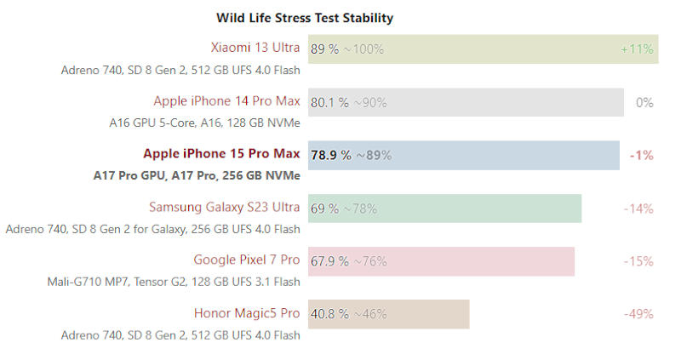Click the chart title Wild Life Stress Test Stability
[x=304, y=17]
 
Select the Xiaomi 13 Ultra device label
[x=255, y=49]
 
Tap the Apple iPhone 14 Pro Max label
[x=226, y=101]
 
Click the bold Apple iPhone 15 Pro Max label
[x=221, y=154]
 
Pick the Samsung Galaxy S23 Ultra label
[x=224, y=207]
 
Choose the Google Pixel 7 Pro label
[x=247, y=260]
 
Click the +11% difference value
[x=637, y=49]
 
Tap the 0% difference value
[x=644, y=102]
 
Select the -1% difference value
[x=641, y=155]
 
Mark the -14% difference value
[x=638, y=208]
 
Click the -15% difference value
[x=638, y=260]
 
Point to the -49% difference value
[x=638, y=313]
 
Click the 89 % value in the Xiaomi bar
[x=324, y=49]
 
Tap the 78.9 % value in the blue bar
[x=331, y=155]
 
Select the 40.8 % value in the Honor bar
[x=329, y=313]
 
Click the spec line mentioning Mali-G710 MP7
[x=174, y=282]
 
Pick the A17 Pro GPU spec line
[x=197, y=176]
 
